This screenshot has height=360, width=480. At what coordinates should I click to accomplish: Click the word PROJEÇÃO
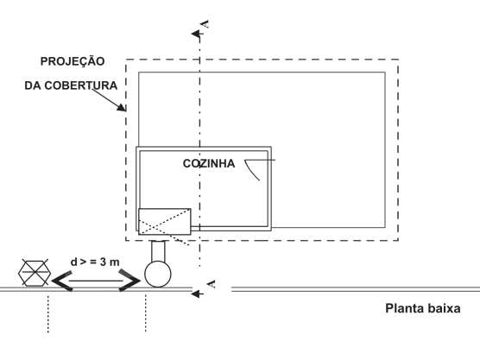click(x=73, y=61)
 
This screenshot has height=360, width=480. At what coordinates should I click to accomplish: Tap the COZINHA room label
click(x=209, y=163)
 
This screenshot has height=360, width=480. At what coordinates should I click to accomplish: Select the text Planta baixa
click(x=423, y=308)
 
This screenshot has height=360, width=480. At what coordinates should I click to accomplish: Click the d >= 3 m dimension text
click(x=95, y=262)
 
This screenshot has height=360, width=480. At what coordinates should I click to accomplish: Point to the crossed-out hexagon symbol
click(x=35, y=273)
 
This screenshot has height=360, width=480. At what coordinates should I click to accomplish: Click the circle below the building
click(x=158, y=274)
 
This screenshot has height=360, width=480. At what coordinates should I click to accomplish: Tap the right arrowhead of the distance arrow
click(x=129, y=280)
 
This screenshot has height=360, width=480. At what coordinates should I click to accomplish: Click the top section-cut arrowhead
click(x=196, y=34)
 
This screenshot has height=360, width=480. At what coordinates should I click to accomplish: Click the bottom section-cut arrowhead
click(x=196, y=294)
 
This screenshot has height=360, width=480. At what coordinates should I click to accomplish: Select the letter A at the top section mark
click(x=205, y=24)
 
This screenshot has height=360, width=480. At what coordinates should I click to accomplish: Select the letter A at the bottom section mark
click(x=212, y=284)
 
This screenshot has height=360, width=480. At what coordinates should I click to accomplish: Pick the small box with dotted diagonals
click(x=165, y=222)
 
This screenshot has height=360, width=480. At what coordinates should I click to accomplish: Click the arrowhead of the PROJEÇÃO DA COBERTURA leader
click(x=122, y=106)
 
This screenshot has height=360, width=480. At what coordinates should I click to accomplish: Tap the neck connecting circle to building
click(x=158, y=251)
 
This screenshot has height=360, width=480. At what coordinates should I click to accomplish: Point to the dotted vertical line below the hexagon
click(x=48, y=313)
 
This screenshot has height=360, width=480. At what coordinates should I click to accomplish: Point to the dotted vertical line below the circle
click(x=145, y=313)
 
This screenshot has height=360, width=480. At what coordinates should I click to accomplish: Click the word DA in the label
click(x=33, y=85)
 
